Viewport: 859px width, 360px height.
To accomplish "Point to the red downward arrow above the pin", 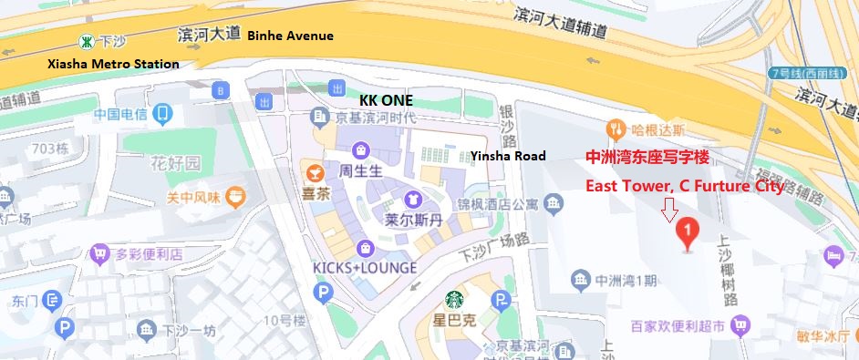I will click(x=670, y=211).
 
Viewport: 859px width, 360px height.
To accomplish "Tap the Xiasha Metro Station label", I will click(x=113, y=64).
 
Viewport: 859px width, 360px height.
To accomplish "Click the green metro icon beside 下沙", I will click(x=86, y=41).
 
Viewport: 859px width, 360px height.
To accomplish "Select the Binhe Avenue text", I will click(x=291, y=36).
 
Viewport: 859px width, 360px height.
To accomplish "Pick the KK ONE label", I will click(x=386, y=99).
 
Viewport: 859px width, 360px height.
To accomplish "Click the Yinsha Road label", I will click(x=508, y=156).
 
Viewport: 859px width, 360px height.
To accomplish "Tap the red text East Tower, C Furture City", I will click(x=684, y=186).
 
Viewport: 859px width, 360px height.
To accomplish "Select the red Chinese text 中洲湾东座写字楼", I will click(x=646, y=157).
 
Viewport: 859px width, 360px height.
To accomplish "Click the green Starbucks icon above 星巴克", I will click(x=454, y=299).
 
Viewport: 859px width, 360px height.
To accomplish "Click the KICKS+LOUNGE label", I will click(x=364, y=268).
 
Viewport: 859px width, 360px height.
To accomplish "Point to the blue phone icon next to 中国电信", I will click(x=162, y=114).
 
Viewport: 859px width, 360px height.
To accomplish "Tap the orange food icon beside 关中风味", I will click(x=235, y=195).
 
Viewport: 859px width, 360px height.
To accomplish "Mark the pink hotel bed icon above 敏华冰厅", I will click(x=833, y=257).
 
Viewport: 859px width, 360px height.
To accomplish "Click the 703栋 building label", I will click(x=50, y=148).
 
